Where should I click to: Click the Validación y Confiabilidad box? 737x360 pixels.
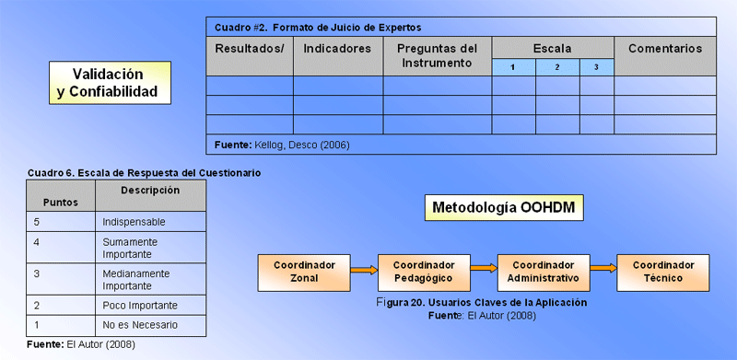pyautogui.click(x=110, y=83)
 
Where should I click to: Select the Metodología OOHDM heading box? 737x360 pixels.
pyautogui.click(x=504, y=208)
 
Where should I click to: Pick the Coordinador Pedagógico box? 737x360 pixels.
pyautogui.click(x=424, y=273)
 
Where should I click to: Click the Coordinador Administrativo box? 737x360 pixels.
pyautogui.click(x=544, y=273)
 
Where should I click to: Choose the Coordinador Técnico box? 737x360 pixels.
pyautogui.click(x=663, y=273)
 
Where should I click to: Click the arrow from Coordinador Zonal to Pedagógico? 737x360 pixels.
pyautogui.click(x=364, y=270)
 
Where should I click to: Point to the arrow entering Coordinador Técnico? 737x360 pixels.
pyautogui.click(x=603, y=268)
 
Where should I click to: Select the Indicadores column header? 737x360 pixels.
pyautogui.click(x=338, y=56)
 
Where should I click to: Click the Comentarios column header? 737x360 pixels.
pyautogui.click(x=665, y=56)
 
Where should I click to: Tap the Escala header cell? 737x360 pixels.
pyautogui.click(x=553, y=48)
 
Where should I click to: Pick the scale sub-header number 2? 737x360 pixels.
pyautogui.click(x=557, y=67)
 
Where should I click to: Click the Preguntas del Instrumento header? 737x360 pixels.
pyautogui.click(x=437, y=56)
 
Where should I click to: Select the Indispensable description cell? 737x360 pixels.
pyautogui.click(x=150, y=222)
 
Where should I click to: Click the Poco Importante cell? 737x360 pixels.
pyautogui.click(x=150, y=306)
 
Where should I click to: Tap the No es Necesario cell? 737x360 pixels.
pyautogui.click(x=150, y=325)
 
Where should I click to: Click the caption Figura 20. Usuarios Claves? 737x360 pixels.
pyautogui.click(x=482, y=303)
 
